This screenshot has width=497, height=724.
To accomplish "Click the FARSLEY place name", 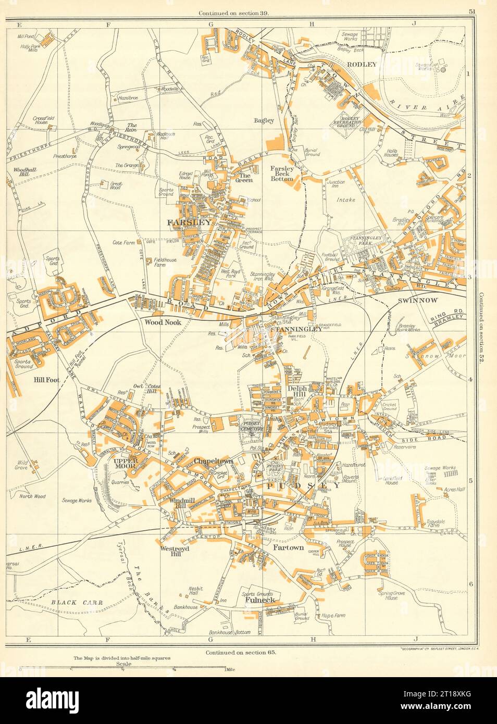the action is [189, 222].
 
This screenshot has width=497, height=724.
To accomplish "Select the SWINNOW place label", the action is [428, 301].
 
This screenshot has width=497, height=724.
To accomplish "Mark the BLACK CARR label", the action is [77, 602].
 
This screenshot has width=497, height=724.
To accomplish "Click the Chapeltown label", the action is [213, 461].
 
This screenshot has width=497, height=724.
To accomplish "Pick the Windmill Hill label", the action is [171, 503].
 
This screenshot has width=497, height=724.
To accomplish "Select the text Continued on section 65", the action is [237, 652].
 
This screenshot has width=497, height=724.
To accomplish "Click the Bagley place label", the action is [264, 121].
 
